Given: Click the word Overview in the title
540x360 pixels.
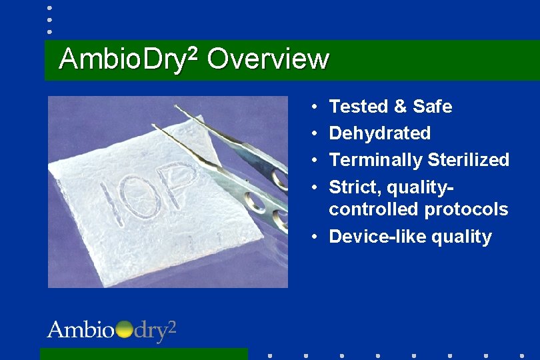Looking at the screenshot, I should (x=268, y=59).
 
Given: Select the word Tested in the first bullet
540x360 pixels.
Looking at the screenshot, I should (x=359, y=107).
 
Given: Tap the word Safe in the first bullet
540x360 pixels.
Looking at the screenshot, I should (x=432, y=107).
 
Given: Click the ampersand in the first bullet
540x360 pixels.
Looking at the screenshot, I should (x=400, y=107).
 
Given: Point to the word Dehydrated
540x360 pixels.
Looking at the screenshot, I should (x=380, y=133).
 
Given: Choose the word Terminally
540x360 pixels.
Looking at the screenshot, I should (x=376, y=160).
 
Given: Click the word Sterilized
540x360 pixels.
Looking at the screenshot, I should (x=468, y=160).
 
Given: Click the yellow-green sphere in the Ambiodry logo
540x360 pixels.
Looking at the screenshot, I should (x=125, y=329).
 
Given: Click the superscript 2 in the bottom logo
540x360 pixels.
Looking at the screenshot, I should (x=171, y=326).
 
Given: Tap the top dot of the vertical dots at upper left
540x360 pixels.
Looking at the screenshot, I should (x=49, y=9).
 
